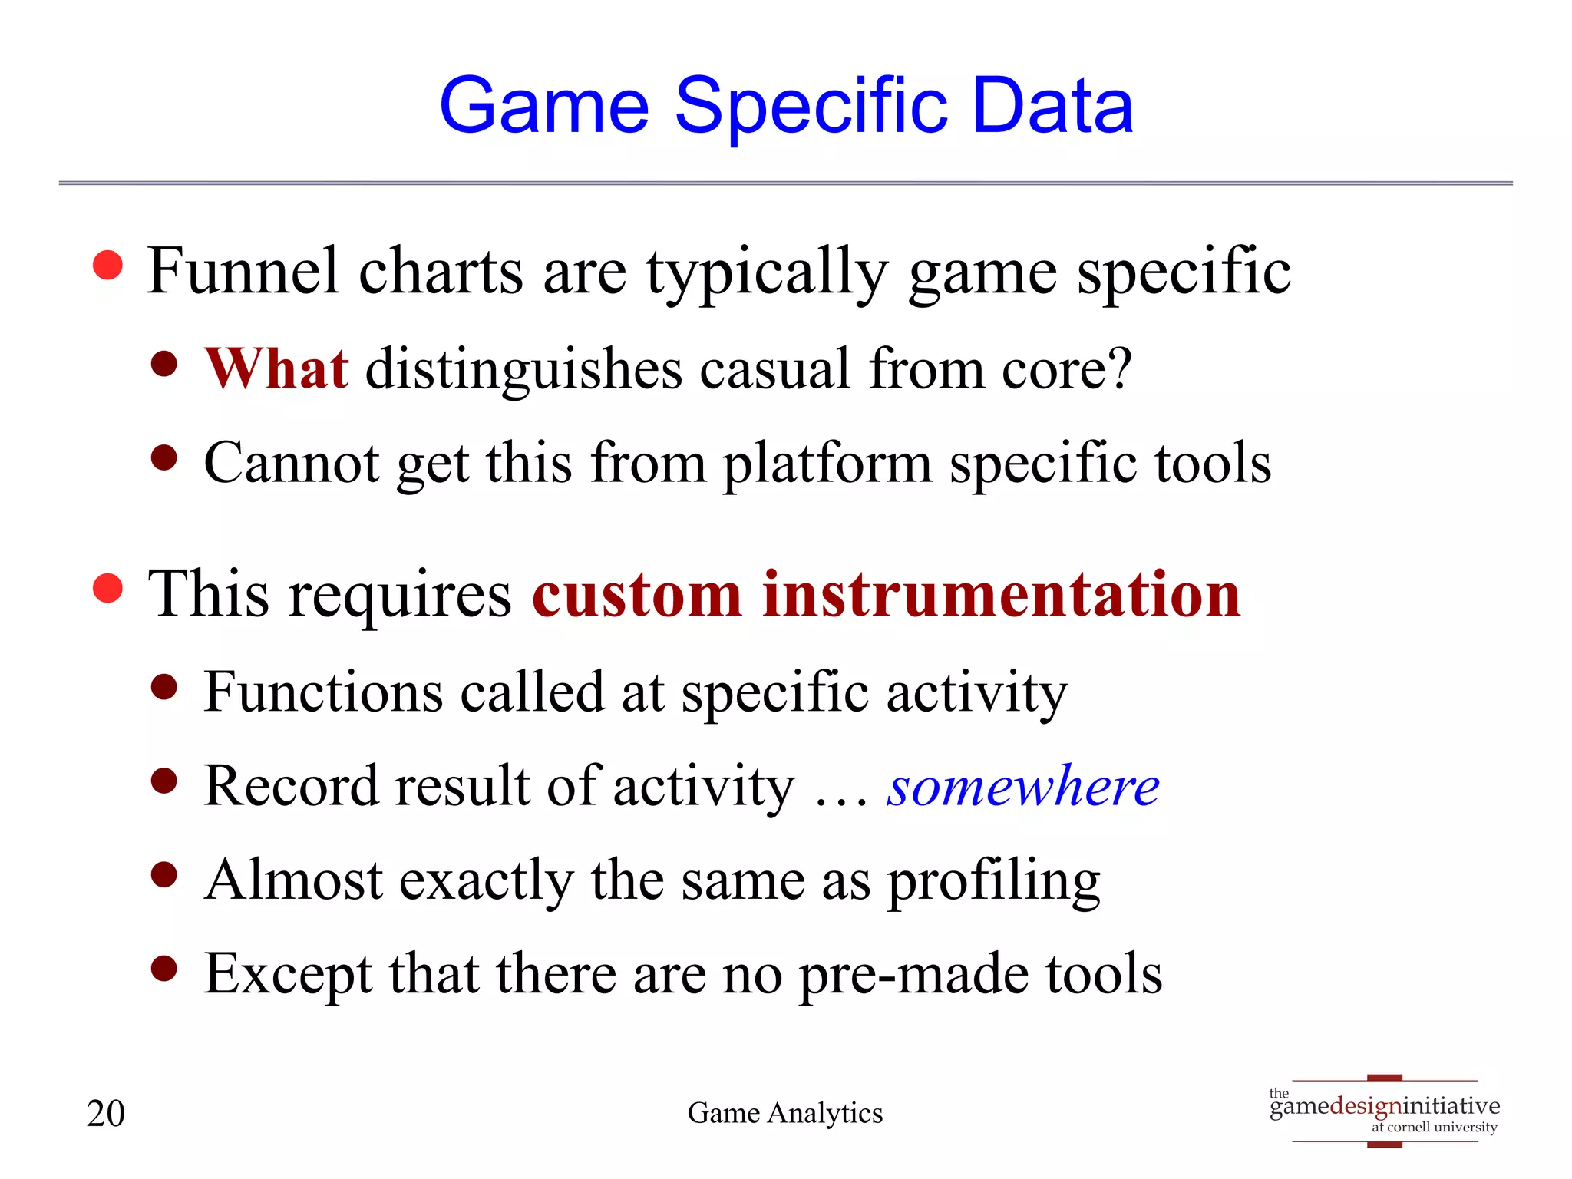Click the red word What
click(x=276, y=369)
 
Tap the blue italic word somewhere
click(x=1022, y=787)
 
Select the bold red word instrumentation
click(x=1001, y=595)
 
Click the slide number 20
click(x=106, y=1113)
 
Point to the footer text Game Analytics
click(x=784, y=1113)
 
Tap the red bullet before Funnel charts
click(x=107, y=266)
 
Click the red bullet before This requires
click(x=107, y=589)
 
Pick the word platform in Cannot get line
click(x=827, y=464)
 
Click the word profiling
click(x=994, y=881)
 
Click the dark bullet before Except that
click(x=164, y=969)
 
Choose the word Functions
click(x=323, y=692)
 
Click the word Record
click(x=292, y=787)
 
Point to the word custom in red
click(x=636, y=595)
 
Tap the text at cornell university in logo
click(x=1434, y=1128)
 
